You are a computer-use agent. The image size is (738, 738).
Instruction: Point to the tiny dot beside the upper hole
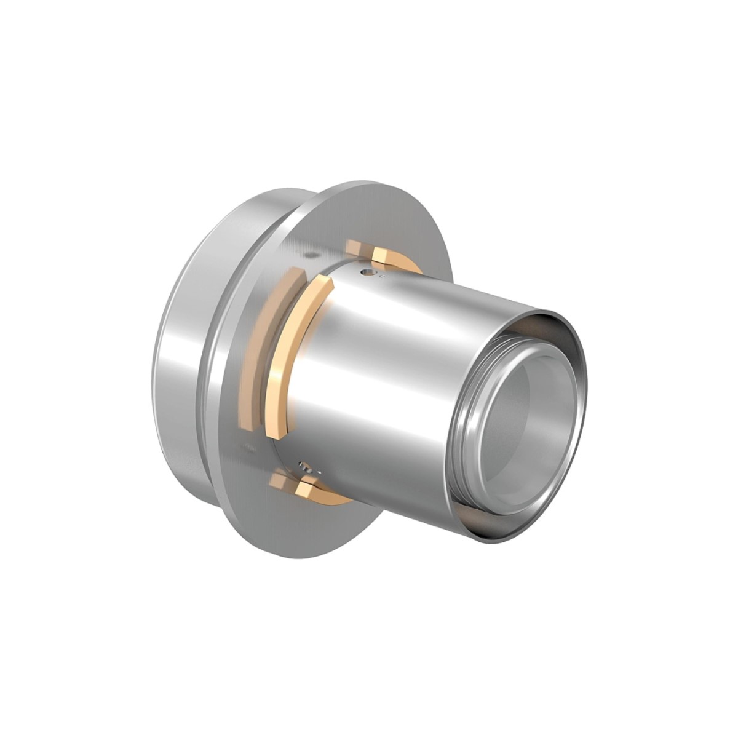click(382, 277)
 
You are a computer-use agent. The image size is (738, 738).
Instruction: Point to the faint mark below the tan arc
click(247, 442)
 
